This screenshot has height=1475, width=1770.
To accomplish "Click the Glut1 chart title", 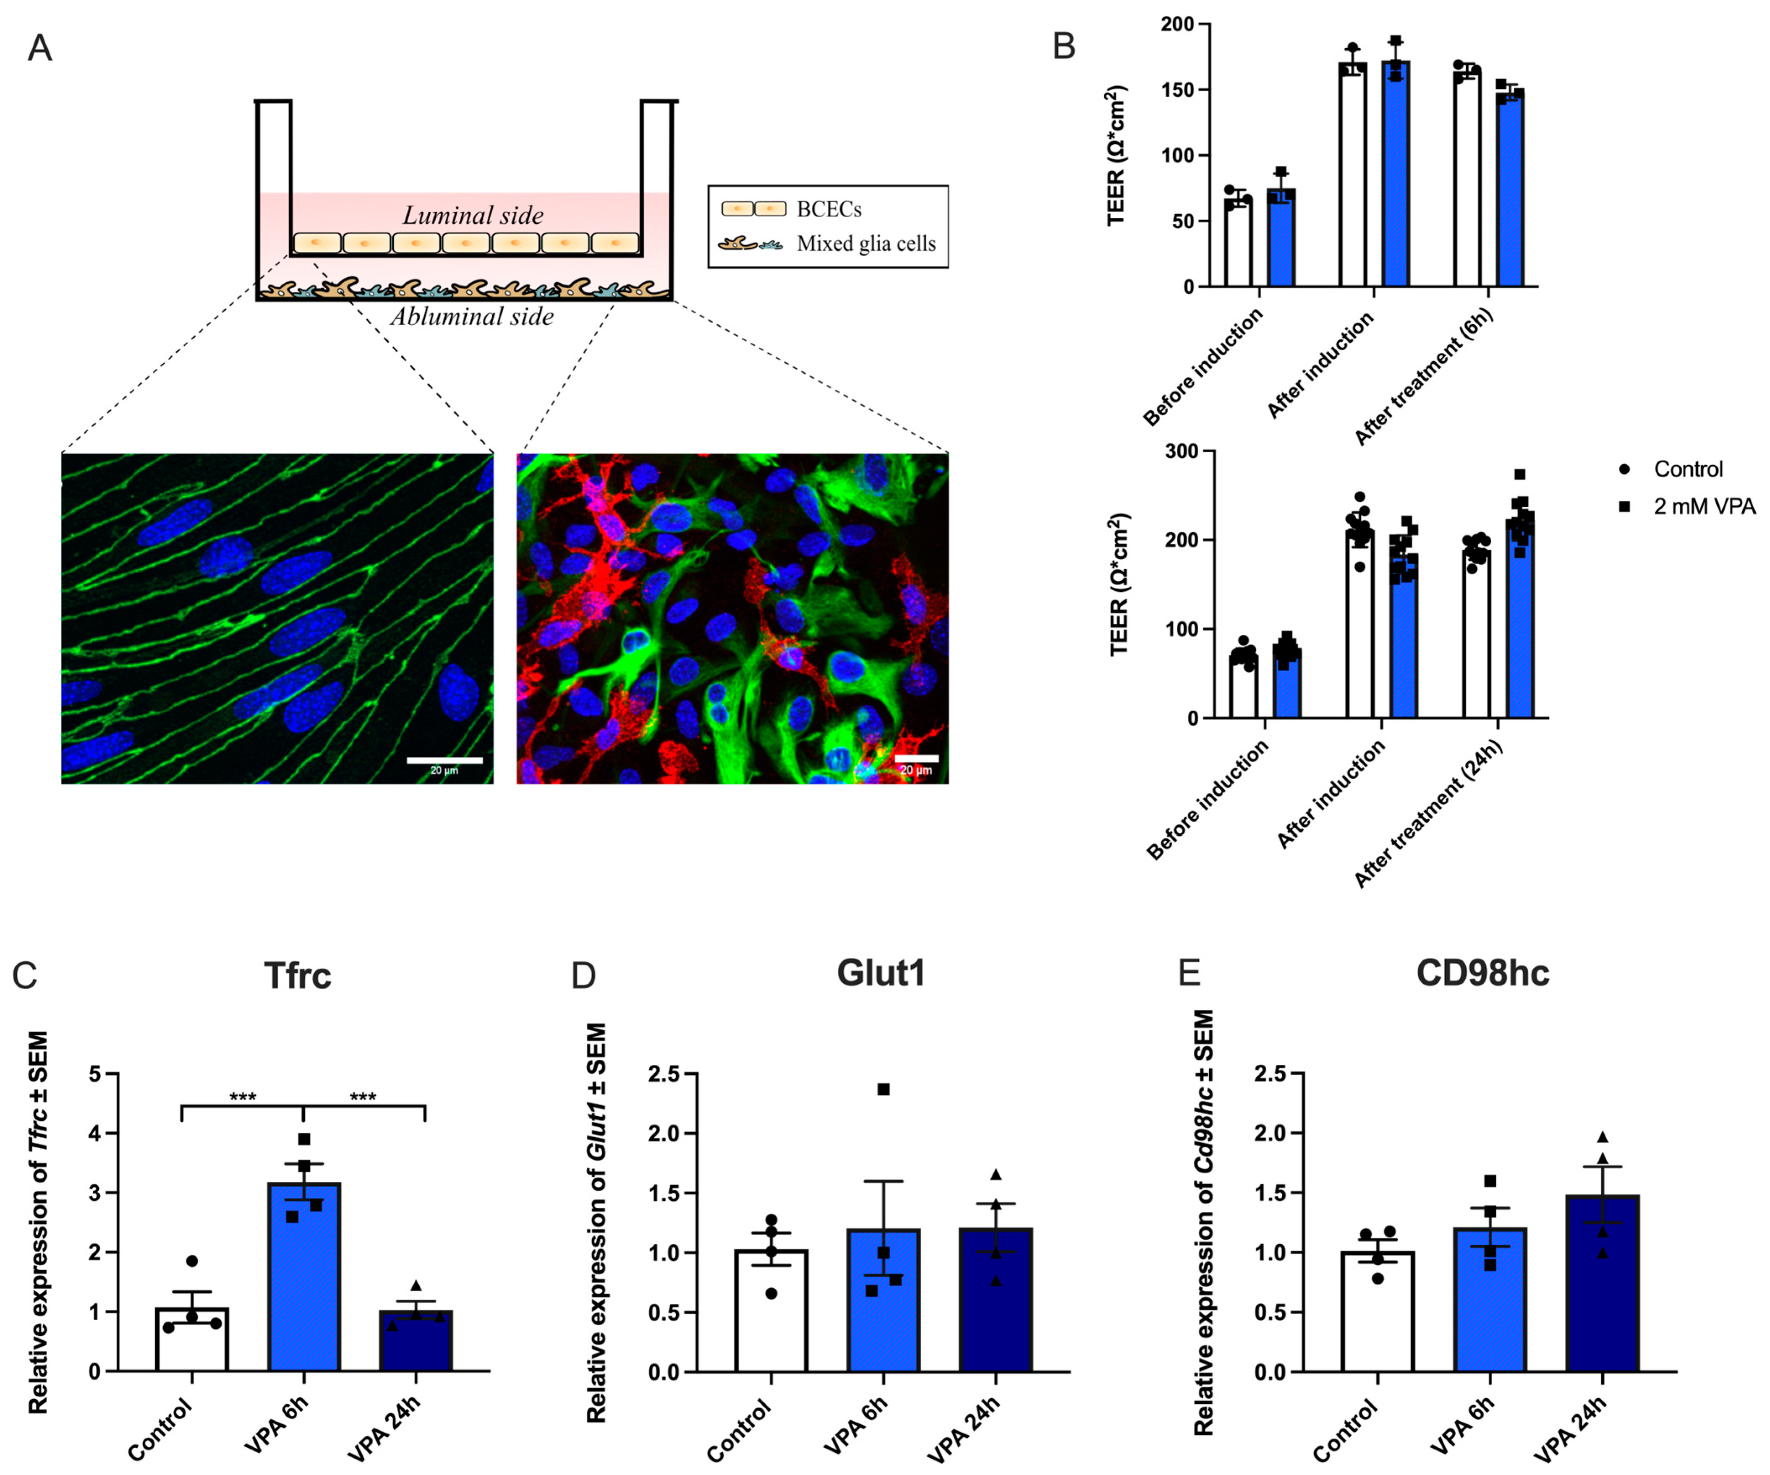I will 881,973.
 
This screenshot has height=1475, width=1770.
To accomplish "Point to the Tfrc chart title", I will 298,975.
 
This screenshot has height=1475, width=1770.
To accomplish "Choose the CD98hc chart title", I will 1482,973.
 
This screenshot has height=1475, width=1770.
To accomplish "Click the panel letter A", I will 39,48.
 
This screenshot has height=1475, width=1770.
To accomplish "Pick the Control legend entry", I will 1687,469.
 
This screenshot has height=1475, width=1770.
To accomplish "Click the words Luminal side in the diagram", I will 473,216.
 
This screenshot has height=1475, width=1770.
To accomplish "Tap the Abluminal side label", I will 472,318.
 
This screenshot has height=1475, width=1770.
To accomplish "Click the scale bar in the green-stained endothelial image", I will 444,760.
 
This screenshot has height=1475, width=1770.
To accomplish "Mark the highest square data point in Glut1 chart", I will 883,1089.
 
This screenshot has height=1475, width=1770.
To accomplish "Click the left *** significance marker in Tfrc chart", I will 243,1097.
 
